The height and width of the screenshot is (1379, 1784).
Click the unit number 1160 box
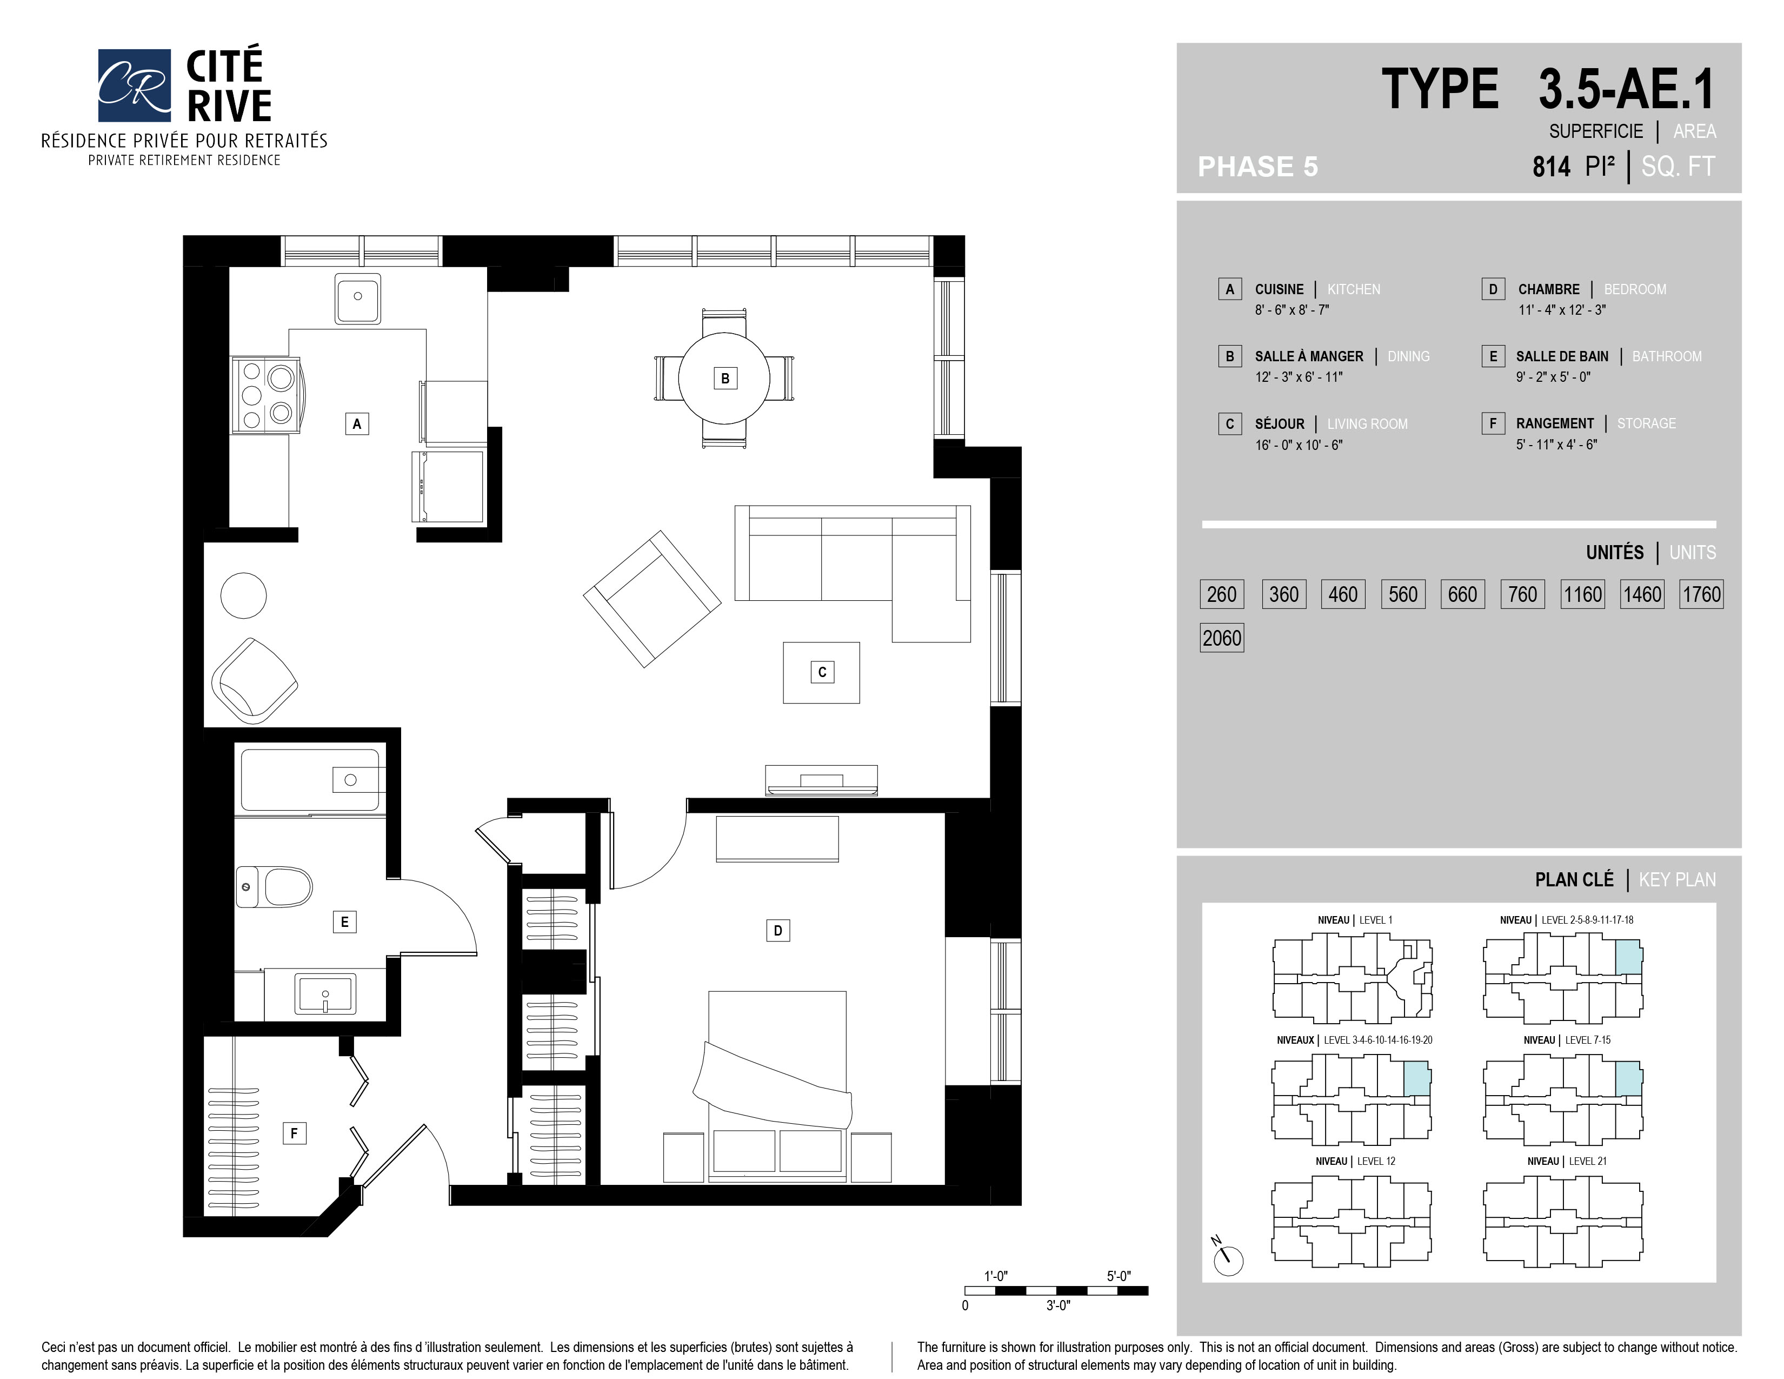coord(1582,594)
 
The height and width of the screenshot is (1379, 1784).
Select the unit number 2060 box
coord(1222,638)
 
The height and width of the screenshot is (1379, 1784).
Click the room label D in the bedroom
coord(777,931)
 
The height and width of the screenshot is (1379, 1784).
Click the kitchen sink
coord(358,297)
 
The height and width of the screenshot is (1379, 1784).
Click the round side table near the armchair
coord(243,595)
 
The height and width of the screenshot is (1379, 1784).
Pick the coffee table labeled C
coord(821,672)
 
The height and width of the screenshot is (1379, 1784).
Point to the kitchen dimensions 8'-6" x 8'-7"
coord(1292,310)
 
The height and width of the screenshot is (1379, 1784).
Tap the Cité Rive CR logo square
coord(135,85)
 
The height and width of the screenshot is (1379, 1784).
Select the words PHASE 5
coord(1258,167)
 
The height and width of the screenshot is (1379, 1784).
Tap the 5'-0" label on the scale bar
coord(1119,1276)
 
